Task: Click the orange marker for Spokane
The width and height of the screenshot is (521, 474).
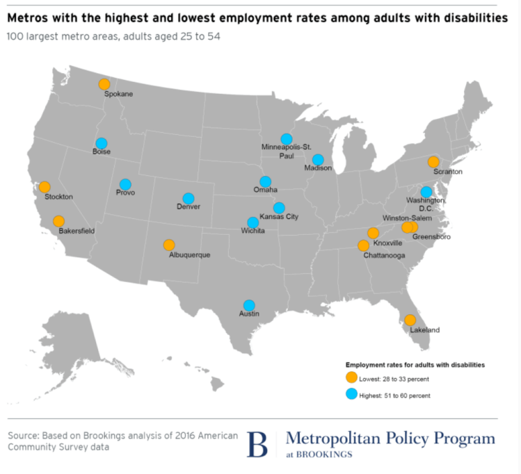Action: [104, 84]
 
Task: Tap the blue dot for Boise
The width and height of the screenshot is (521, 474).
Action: [102, 143]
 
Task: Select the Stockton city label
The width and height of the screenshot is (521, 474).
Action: [58, 197]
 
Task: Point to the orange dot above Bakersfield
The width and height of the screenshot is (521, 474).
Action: [58, 221]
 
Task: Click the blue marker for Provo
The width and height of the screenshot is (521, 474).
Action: [125, 184]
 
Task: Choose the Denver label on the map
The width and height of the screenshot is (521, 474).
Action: [189, 207]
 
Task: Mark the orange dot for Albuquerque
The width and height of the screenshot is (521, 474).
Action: [169, 245]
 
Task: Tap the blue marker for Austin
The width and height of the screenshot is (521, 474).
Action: [249, 304]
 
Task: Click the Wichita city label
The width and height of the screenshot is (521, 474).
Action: [253, 231]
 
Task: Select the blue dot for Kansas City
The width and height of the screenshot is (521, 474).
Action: [279, 207]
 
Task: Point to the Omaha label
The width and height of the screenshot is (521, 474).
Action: [266, 190]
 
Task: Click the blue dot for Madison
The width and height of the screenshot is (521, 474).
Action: [318, 160]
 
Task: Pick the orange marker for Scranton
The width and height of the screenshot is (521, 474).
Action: [433, 162]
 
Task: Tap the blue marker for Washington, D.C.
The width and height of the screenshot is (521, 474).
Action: [426, 192]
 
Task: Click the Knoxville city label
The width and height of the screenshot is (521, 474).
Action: [387, 243]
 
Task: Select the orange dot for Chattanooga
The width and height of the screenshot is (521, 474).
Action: [363, 245]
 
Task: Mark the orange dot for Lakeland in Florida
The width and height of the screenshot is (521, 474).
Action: [410, 320]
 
